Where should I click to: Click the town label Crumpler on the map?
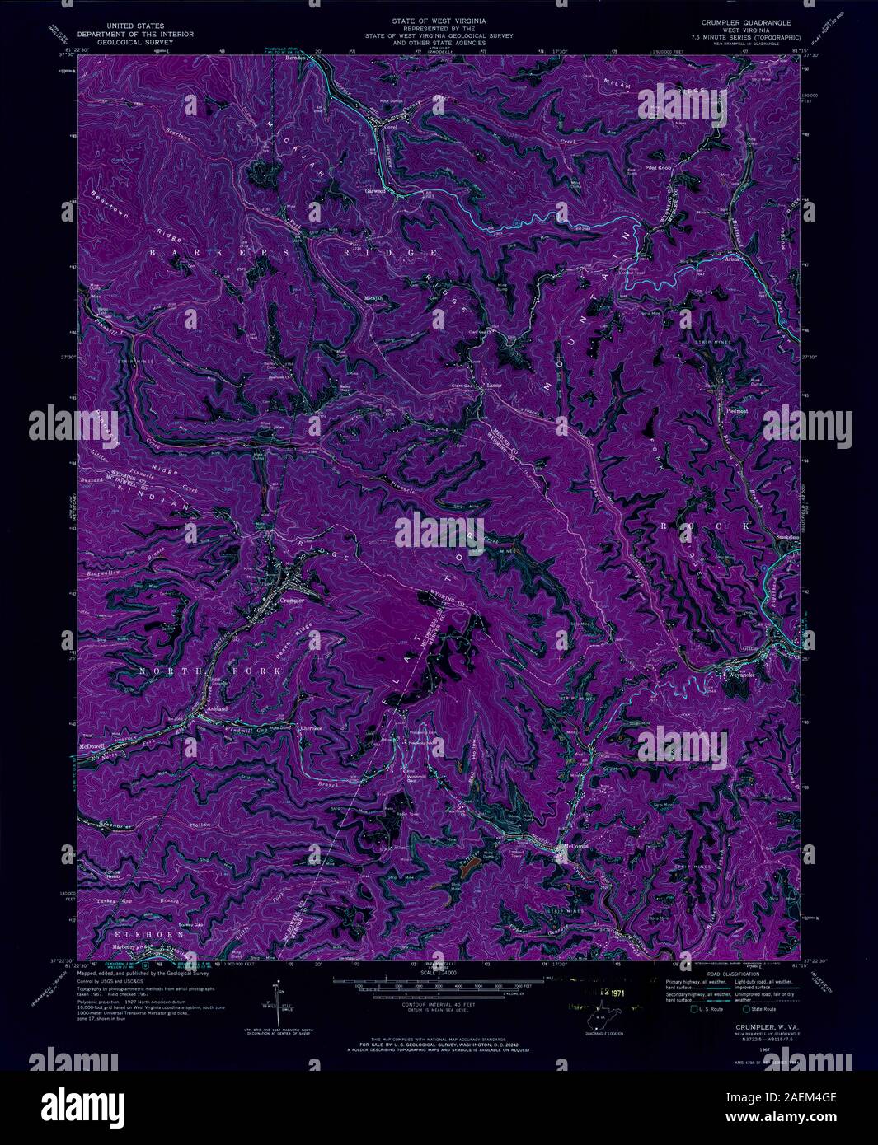coord(293,601)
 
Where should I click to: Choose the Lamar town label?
coord(494,384)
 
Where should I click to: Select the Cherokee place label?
coord(309,728)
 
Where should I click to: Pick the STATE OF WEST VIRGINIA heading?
coord(438,17)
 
